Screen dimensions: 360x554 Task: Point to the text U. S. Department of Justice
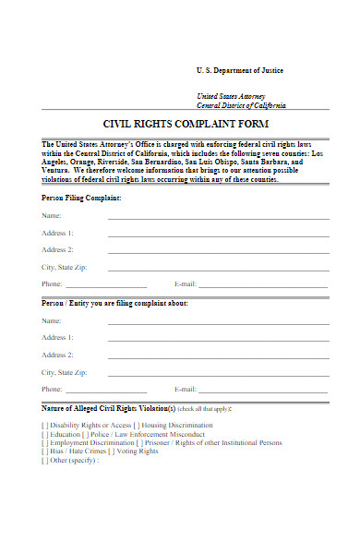click(x=240, y=71)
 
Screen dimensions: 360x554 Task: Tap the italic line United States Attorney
click(x=230, y=96)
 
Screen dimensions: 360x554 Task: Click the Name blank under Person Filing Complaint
click(x=218, y=217)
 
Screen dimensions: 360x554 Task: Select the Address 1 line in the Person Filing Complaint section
click(x=218, y=235)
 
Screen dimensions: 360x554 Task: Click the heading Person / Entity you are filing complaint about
click(x=114, y=303)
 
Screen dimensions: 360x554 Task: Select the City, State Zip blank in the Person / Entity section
click(x=218, y=374)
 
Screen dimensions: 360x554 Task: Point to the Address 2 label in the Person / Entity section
click(x=57, y=355)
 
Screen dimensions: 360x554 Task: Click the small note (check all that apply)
click(x=204, y=408)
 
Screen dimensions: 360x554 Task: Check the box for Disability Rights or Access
click(x=45, y=426)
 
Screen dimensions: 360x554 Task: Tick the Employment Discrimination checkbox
click(x=45, y=442)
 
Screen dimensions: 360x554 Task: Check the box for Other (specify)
click(x=45, y=459)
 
